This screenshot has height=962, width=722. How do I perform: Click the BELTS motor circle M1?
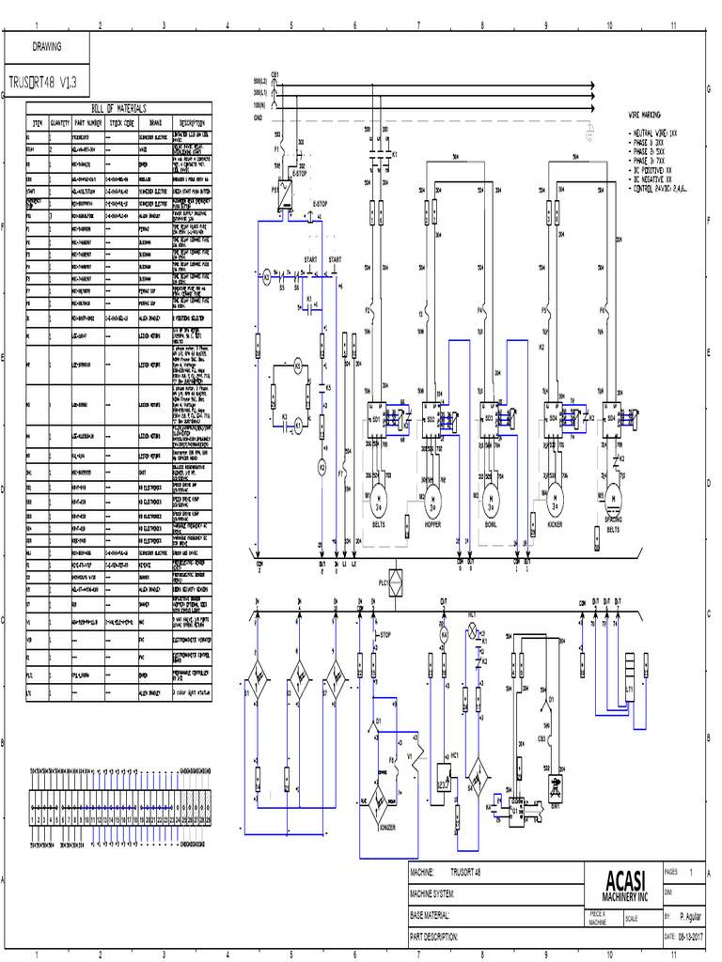coord(379,497)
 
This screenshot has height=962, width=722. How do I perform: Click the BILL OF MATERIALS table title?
coord(120,109)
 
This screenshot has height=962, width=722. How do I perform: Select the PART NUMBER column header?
coord(87,122)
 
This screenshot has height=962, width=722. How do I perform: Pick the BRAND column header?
coord(155,122)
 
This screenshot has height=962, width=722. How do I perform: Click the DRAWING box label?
coord(47,46)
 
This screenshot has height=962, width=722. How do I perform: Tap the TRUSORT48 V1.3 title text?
coord(42,82)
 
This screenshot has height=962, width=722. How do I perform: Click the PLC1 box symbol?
coord(396,578)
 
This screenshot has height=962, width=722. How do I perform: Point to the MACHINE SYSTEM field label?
coord(434,893)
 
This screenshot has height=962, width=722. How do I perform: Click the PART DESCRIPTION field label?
coord(434,937)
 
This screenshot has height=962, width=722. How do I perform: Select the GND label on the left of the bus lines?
coord(258,118)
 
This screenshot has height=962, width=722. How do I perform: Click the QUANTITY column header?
coord(61,122)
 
